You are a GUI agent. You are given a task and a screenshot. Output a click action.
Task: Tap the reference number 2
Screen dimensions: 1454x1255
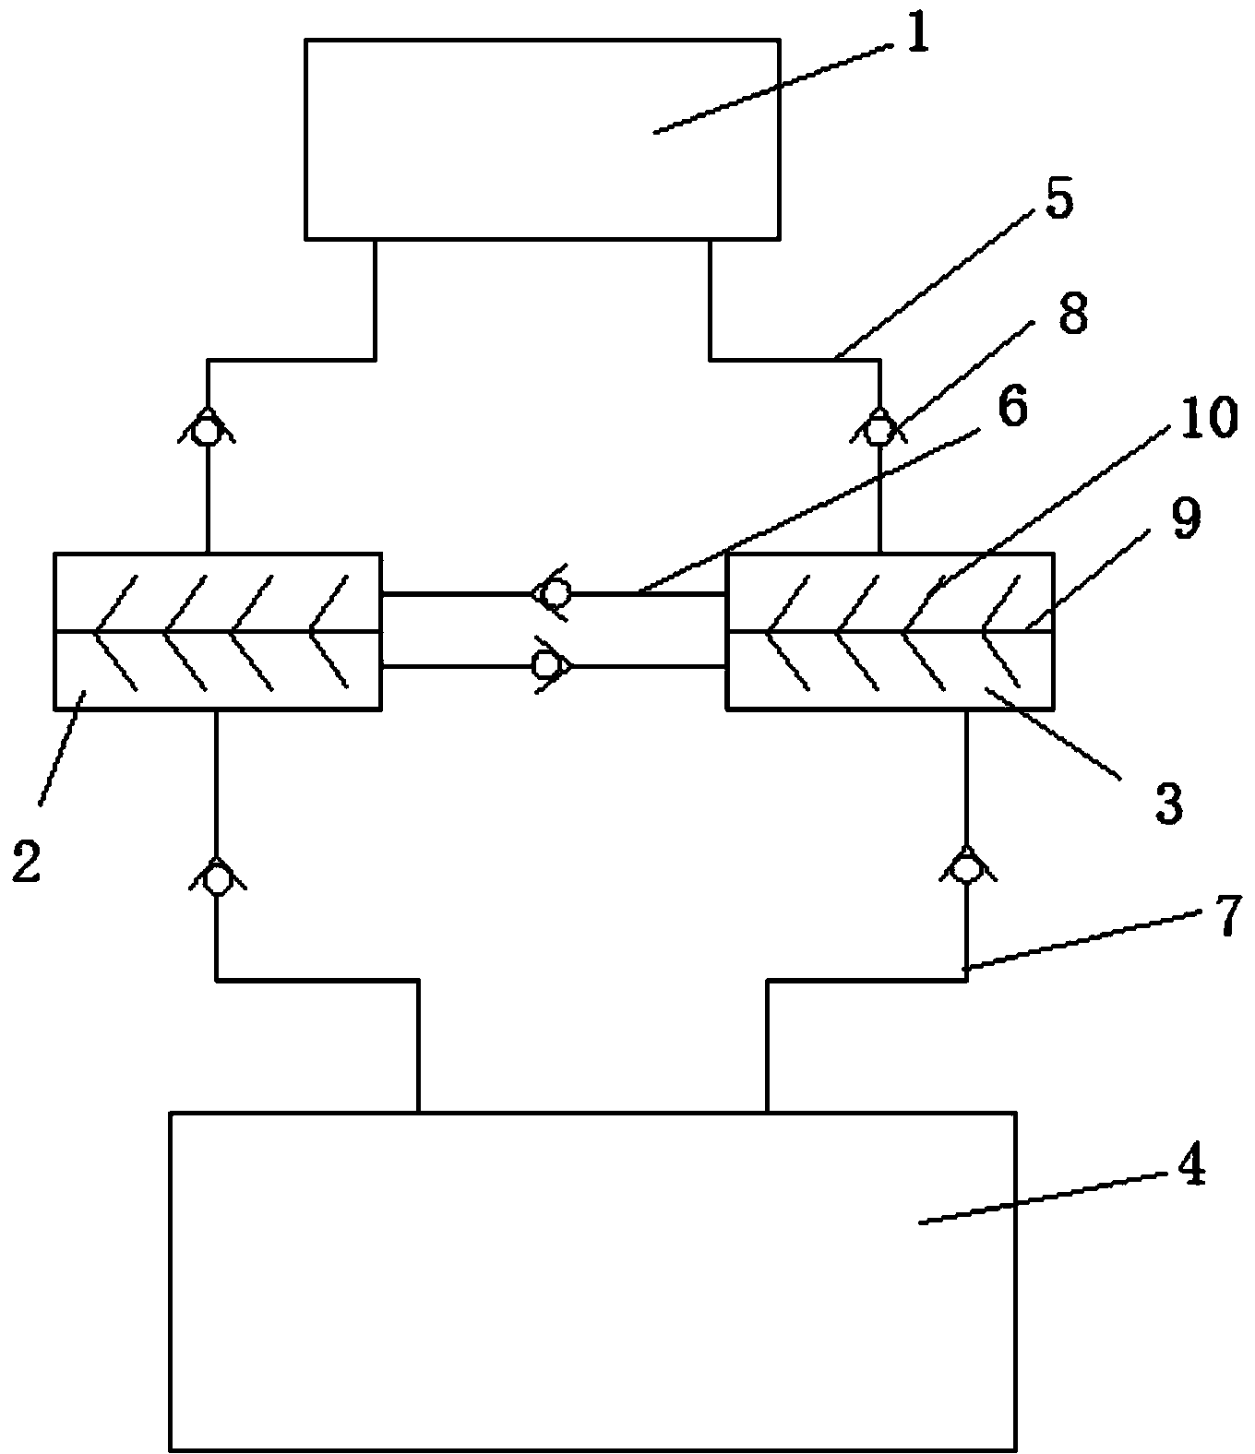pyautogui.click(x=27, y=861)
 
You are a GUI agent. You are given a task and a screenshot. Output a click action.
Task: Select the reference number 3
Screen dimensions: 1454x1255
pyautogui.click(x=1168, y=803)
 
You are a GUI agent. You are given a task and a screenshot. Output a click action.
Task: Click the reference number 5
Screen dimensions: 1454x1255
pyautogui.click(x=1058, y=201)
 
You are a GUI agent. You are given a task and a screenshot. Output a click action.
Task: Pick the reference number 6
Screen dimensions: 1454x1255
pyautogui.click(x=1011, y=407)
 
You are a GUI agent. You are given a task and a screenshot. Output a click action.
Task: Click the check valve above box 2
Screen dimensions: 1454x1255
pyautogui.click(x=208, y=428)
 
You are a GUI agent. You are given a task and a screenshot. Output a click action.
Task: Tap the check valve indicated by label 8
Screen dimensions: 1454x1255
pyautogui.click(x=879, y=428)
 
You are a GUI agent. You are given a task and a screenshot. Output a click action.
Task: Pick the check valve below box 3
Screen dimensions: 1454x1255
pyautogui.click(x=965, y=867)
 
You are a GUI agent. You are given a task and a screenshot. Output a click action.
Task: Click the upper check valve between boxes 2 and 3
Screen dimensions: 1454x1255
pyautogui.click(x=554, y=593)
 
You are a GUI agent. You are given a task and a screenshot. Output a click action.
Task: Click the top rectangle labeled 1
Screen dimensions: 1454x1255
pyautogui.click(x=543, y=138)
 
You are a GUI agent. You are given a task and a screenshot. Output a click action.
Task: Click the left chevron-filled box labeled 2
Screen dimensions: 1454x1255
pyautogui.click(x=217, y=631)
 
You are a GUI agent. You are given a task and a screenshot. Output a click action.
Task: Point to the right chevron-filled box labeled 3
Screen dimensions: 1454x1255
pyautogui.click(x=890, y=631)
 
